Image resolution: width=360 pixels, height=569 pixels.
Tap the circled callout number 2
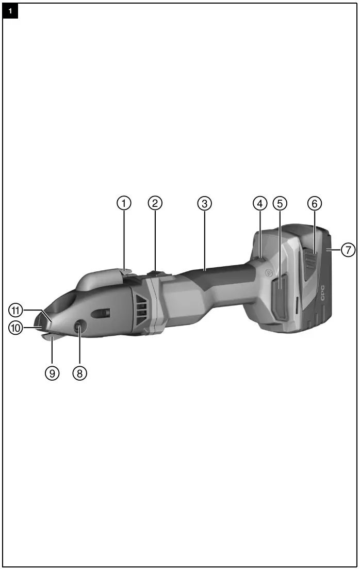[x=155, y=203]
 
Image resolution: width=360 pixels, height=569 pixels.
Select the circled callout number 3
[x=205, y=203]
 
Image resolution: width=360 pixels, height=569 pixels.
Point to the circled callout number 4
[x=260, y=203]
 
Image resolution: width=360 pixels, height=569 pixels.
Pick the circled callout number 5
[x=280, y=203]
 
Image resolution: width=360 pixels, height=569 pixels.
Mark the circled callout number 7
[x=348, y=250]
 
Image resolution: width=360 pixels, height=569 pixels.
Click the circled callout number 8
[x=79, y=373]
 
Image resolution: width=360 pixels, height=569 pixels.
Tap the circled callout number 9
[x=52, y=373]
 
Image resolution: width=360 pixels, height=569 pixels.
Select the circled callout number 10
[x=15, y=327]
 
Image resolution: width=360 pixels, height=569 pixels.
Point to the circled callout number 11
[x=15, y=310]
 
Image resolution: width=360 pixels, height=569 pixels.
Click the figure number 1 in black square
[x=10, y=10]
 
